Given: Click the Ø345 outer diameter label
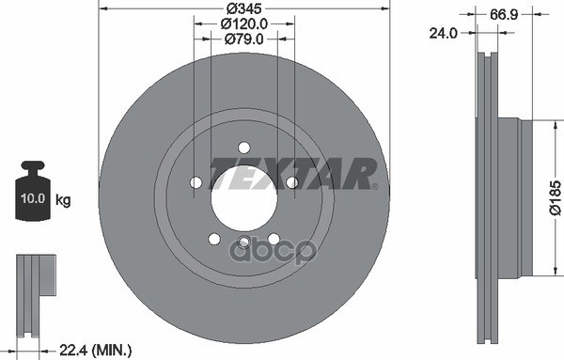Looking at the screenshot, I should tap(243, 8).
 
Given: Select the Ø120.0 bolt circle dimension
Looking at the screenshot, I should tap(243, 23).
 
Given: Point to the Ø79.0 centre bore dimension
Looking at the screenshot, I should tap(243, 39).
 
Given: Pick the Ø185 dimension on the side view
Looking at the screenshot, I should tap(555, 198).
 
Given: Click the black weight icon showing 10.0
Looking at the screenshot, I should tap(35, 195).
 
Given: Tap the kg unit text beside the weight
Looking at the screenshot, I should tap(65, 201).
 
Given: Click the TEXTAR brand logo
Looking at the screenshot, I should tap(294, 174).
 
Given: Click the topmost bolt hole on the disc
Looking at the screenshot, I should tap(243, 147).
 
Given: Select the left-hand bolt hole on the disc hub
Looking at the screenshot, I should tap(196, 182).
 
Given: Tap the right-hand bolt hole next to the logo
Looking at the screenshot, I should tap(291, 182).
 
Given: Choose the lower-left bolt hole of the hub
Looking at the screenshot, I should tap(214, 239).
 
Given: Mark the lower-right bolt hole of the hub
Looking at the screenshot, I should tap(274, 239).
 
